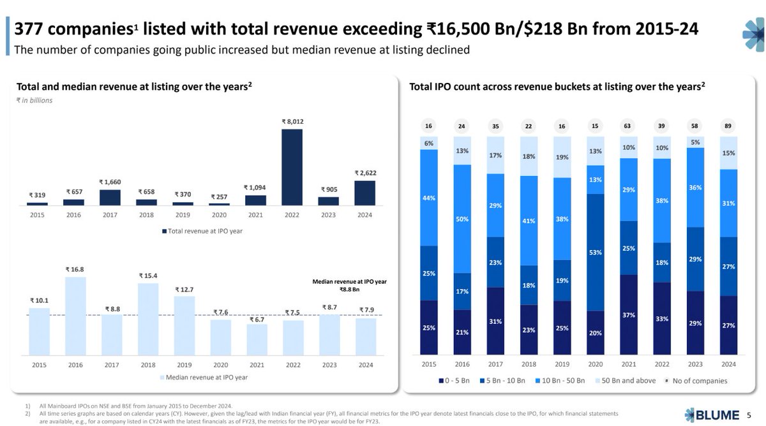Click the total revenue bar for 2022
click(x=292, y=167)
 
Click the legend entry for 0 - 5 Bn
click(x=455, y=381)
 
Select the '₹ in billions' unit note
click(x=34, y=100)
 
